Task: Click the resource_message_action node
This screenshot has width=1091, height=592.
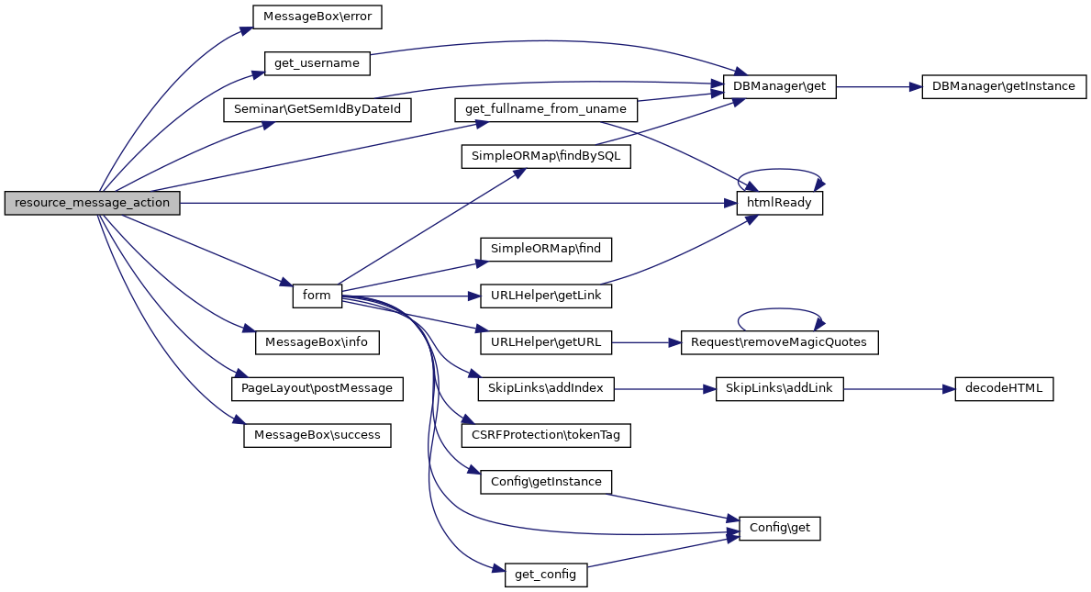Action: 92,204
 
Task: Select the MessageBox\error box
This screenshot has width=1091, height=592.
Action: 317,17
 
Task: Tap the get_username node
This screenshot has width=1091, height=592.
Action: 317,63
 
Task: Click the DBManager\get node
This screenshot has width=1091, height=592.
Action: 780,87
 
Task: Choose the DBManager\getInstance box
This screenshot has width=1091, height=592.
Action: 1004,87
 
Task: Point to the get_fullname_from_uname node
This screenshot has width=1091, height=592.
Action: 545,110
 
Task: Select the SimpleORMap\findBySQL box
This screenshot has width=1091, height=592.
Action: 545,157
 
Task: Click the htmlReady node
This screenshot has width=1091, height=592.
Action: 780,203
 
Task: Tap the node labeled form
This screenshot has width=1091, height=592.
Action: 317,296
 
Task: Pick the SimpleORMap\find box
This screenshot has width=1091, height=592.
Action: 545,249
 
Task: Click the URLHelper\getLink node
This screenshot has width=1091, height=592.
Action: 545,296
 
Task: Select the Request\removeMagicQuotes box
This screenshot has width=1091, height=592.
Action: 779,342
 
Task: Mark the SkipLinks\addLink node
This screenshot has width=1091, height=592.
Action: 779,389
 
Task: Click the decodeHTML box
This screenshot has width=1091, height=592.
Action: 1004,389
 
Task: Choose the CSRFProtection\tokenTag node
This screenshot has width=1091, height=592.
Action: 546,435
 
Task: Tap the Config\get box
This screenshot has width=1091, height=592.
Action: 780,529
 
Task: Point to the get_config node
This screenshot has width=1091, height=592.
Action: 545,575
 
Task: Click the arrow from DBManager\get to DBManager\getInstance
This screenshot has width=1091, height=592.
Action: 872,87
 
